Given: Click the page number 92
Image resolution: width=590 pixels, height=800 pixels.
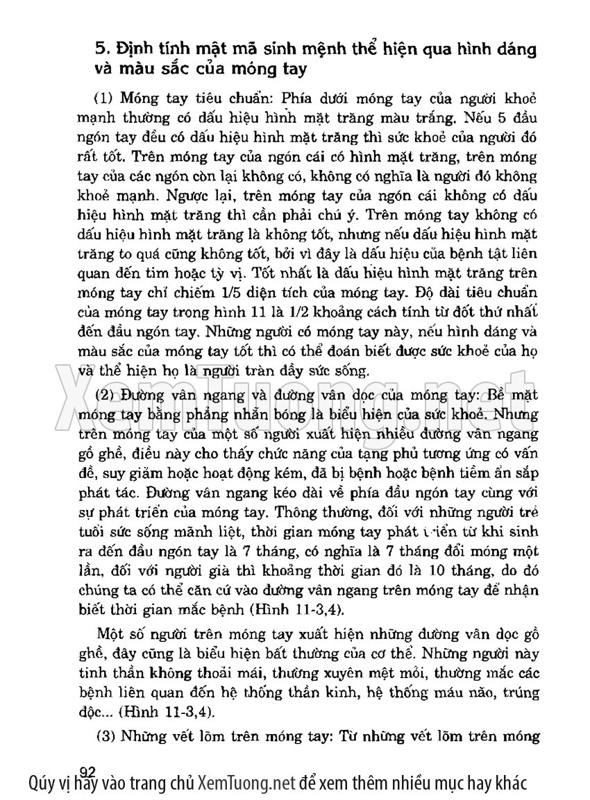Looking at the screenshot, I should pos(87,771).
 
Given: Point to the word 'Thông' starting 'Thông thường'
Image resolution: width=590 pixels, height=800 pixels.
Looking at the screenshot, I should pos(294,514).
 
